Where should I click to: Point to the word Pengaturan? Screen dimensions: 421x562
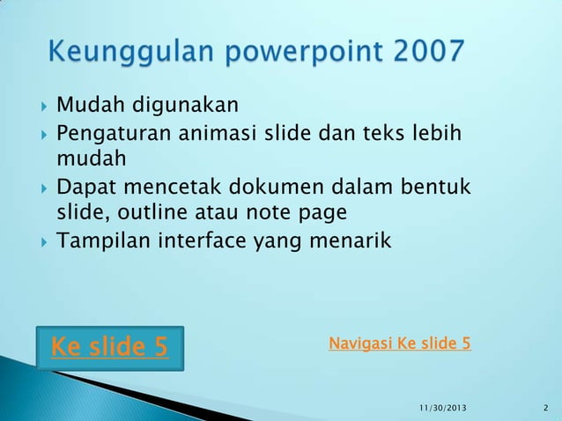(x=114, y=134)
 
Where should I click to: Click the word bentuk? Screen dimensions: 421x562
(x=437, y=188)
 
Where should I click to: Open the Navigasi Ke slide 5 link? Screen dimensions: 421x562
(x=399, y=343)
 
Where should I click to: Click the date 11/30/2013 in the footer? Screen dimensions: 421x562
(x=443, y=407)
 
